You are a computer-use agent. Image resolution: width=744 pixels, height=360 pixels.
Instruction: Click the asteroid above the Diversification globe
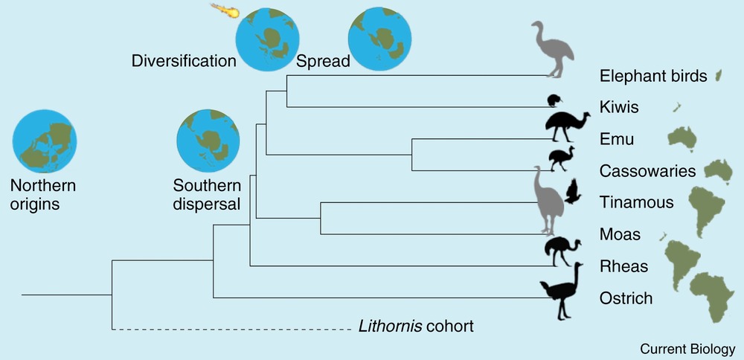[223, 11]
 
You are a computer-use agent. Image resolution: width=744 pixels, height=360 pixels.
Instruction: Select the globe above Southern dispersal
[208, 139]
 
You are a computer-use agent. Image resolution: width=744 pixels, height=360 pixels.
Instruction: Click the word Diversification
[184, 61]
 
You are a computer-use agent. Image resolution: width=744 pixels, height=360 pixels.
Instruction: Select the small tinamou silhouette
[572, 192]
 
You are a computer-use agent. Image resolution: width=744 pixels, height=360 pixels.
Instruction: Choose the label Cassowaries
[647, 171]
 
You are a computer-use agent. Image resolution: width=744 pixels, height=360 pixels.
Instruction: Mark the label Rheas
[623, 266]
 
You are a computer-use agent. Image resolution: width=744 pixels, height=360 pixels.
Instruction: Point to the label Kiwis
[619, 108]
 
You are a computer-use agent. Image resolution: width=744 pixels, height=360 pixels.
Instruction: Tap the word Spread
[323, 61]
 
